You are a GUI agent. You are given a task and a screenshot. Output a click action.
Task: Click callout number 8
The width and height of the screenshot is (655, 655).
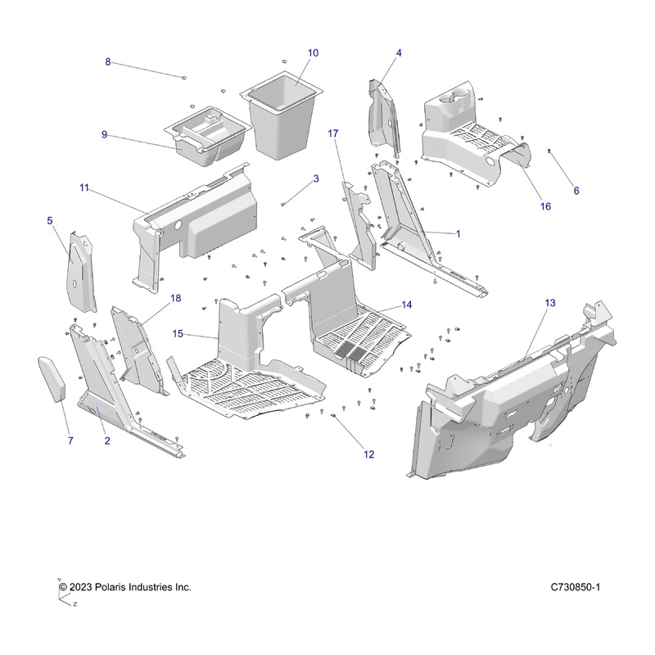click(x=108, y=62)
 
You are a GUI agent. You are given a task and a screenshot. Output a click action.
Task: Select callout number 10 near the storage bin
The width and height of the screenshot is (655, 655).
click(x=313, y=52)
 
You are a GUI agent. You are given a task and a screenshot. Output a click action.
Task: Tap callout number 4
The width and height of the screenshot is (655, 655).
click(x=399, y=53)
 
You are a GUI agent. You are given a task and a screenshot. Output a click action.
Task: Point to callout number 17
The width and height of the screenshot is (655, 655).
click(x=333, y=133)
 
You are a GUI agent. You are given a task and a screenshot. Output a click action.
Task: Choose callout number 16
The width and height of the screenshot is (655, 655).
click(x=545, y=207)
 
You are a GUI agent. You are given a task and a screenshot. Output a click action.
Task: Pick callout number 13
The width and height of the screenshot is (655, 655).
click(x=550, y=303)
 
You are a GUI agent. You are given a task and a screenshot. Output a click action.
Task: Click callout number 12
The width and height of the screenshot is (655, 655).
click(x=369, y=454)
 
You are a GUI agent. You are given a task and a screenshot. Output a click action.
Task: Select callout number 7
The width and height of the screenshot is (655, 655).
click(x=70, y=441)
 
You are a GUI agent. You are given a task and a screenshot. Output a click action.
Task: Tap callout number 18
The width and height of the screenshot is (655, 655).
click(x=175, y=300)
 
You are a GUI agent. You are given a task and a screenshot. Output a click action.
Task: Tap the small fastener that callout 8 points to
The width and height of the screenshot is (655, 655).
click(x=184, y=77)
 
